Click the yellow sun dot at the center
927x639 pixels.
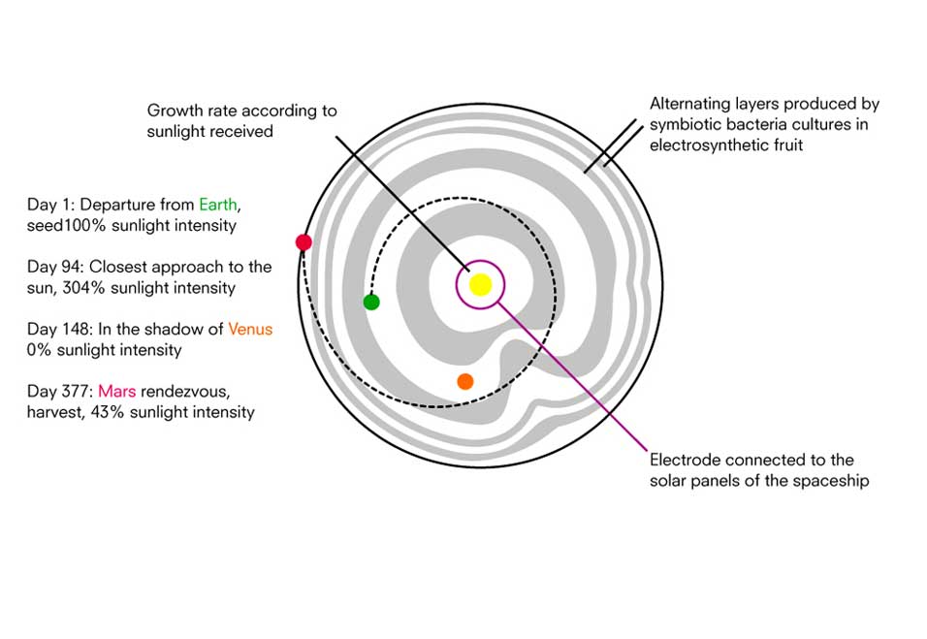pyautogui.click(x=480, y=284)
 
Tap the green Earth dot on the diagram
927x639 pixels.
pyautogui.click(x=371, y=302)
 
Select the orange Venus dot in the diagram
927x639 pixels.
pyautogui.click(x=465, y=381)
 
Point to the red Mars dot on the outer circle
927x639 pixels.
pyautogui.click(x=304, y=242)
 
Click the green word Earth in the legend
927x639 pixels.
pyautogui.click(x=217, y=205)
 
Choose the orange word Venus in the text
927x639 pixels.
pyautogui.click(x=250, y=329)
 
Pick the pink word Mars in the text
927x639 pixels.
pyautogui.click(x=116, y=391)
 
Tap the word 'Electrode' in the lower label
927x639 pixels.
pyautogui.click(x=685, y=460)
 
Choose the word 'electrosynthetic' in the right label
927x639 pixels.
pyautogui.click(x=706, y=145)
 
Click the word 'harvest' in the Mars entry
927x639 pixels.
pyautogui.click(x=55, y=412)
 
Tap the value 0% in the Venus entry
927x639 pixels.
pyautogui.click(x=41, y=349)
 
